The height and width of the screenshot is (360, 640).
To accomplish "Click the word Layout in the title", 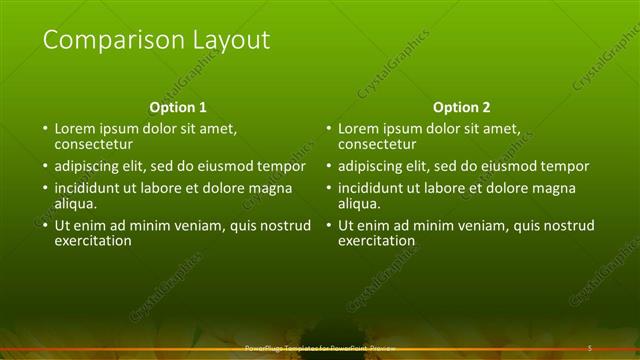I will pos(231,41).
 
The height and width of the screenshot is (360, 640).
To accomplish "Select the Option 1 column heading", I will pos(178,107).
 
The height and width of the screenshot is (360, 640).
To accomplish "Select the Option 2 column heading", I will pos(462,107).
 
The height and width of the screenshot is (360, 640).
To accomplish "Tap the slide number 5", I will pos(590,348).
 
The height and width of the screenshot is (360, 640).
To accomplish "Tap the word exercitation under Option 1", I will pos(93,240).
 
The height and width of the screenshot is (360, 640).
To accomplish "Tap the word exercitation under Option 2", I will pos(377,240).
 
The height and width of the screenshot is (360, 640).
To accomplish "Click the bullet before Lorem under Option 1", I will pos(44,129).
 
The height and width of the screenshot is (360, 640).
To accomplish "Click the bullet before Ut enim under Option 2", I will pos(328,226).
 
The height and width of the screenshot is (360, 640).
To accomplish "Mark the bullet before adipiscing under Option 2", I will pos(328,166).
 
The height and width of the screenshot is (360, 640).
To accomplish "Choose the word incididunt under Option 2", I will pos(372,188).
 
